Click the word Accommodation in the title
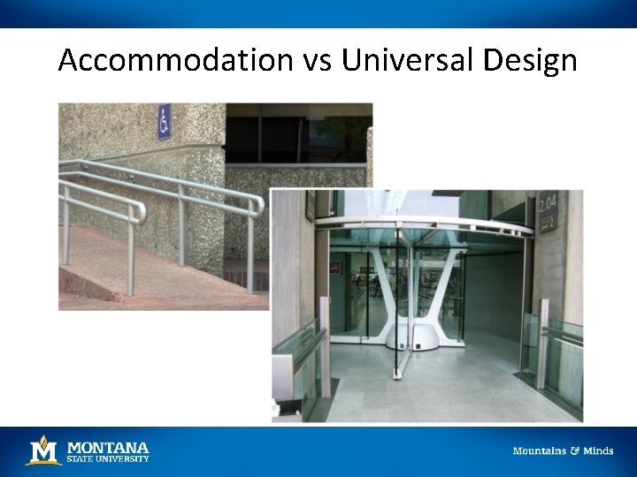174,61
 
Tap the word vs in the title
315,61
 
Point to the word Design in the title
530,61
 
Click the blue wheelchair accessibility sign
164,121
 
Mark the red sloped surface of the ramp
142,265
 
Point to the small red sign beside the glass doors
335,265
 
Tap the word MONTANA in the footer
108,446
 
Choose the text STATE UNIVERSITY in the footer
108,458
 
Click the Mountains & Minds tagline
563,450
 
